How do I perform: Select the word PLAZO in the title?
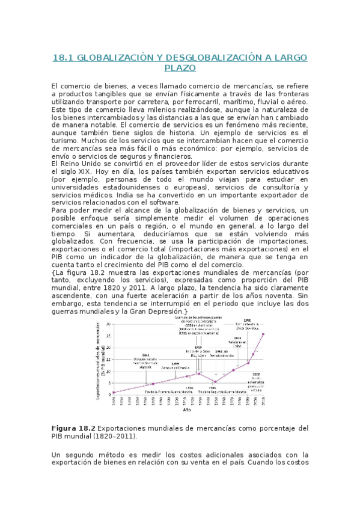point(180,69)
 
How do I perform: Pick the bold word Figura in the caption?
point(66,428)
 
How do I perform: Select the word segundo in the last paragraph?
point(85,454)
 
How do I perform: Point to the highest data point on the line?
point(263,334)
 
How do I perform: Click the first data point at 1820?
point(113,393)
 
